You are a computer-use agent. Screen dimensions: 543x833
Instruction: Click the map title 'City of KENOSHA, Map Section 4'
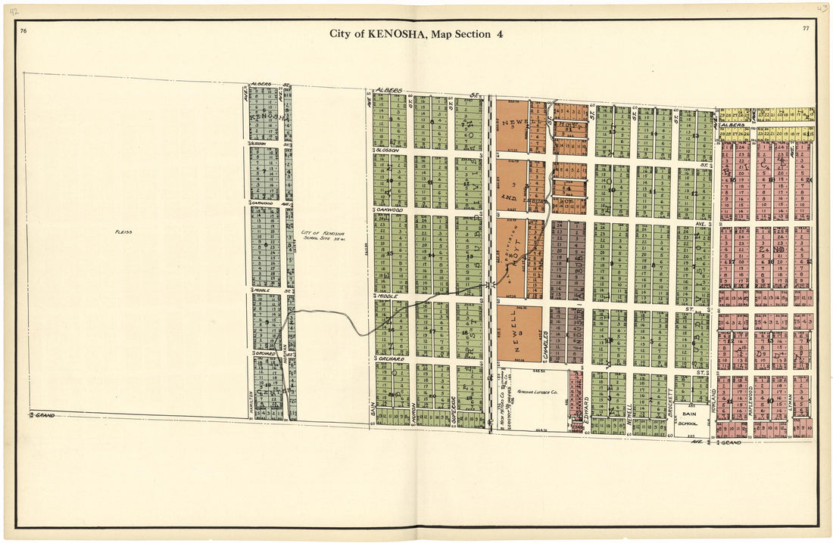click(x=416, y=33)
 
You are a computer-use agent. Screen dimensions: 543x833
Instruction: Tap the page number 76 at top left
click(x=24, y=30)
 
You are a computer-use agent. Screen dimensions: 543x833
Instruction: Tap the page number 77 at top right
click(x=807, y=28)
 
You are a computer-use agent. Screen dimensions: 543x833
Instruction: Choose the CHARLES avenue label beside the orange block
click(x=545, y=344)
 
